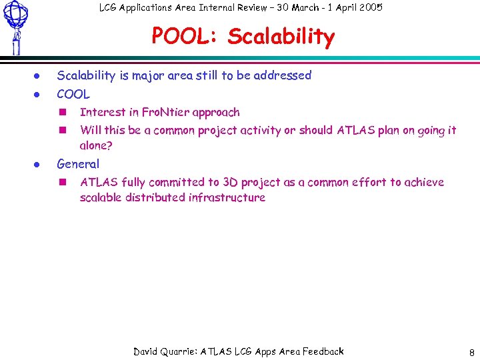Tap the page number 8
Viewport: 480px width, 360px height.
[x=471, y=352]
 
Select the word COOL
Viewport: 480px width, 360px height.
[x=73, y=94]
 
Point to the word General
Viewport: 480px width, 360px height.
[x=78, y=164]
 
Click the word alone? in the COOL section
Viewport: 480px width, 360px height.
[x=96, y=145]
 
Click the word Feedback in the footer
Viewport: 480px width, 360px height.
[x=323, y=351]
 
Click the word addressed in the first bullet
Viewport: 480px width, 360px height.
[x=283, y=75]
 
